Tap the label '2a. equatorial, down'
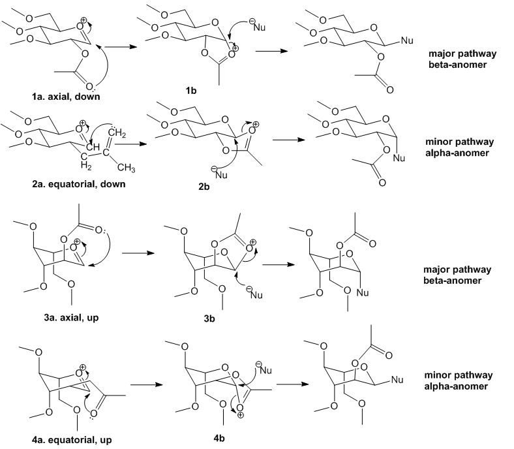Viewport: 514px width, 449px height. [x=65, y=184]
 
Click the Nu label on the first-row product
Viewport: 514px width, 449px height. [x=407, y=40]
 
